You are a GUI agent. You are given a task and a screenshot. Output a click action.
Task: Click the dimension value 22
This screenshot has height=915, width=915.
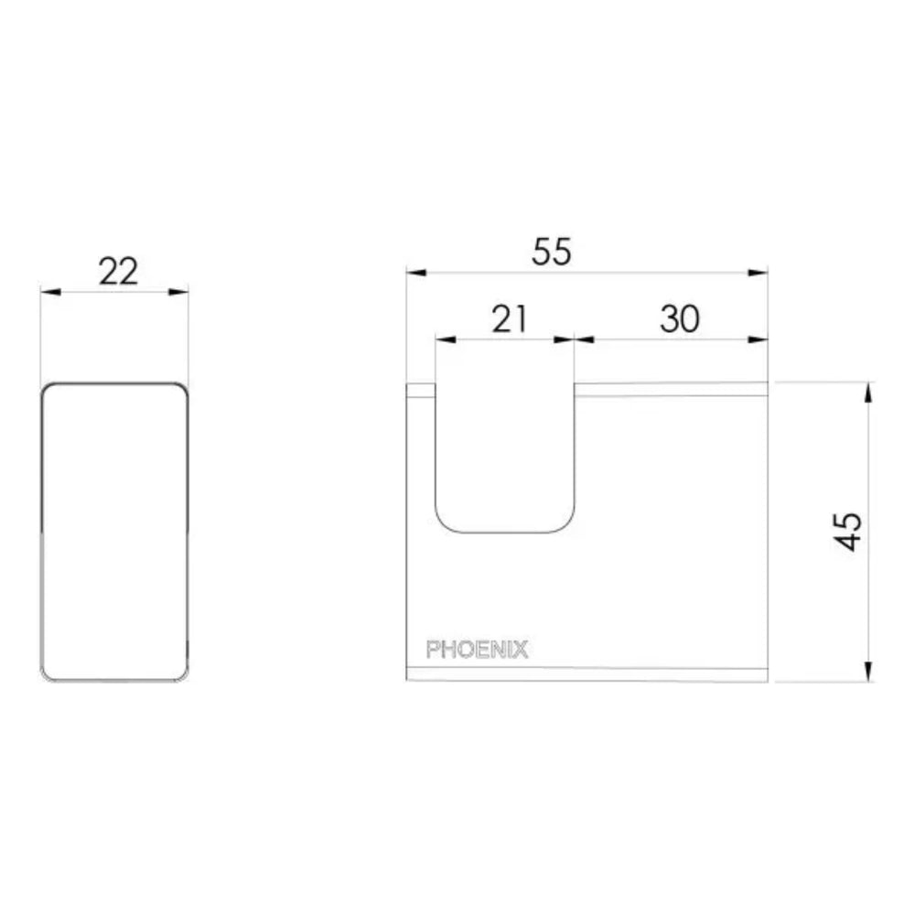pyautogui.click(x=118, y=272)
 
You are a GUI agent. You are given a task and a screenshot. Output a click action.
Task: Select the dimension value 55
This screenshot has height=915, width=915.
pyautogui.click(x=552, y=252)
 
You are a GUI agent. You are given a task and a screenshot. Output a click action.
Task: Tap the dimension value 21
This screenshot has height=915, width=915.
pyautogui.click(x=510, y=319)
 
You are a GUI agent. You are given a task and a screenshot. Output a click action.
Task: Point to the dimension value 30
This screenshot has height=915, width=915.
pyautogui.click(x=680, y=319)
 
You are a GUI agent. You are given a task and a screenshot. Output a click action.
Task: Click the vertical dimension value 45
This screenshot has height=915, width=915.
pyautogui.click(x=848, y=531)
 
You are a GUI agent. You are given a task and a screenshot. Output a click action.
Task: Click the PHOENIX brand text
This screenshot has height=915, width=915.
pyautogui.click(x=478, y=650)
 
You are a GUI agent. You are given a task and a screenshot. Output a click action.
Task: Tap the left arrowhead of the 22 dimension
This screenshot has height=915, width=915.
pyautogui.click(x=50, y=292)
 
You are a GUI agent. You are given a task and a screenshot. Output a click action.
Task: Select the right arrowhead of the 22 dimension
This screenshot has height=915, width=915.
pyautogui.click(x=178, y=292)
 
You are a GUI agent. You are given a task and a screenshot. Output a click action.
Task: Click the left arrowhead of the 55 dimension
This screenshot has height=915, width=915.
pyautogui.click(x=416, y=273)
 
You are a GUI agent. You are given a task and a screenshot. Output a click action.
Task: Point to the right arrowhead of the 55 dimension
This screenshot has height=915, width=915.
pyautogui.click(x=758, y=273)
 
